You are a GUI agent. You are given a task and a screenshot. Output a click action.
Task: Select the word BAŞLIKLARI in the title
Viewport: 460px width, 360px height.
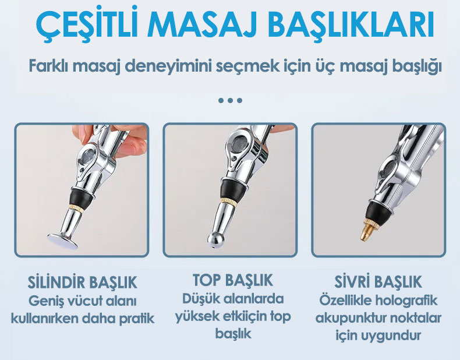[351, 26]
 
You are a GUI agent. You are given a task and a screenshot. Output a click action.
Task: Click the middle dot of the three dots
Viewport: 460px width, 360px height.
[231, 100]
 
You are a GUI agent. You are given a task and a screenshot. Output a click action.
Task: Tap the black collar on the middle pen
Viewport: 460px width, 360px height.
[231, 189]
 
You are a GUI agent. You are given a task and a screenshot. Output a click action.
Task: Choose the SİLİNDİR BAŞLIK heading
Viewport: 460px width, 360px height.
[83, 283]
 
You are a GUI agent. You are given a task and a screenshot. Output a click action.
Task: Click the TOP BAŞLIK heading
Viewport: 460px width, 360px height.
[233, 280]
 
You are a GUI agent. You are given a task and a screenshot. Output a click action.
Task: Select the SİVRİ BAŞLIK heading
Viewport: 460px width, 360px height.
[378, 281]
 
